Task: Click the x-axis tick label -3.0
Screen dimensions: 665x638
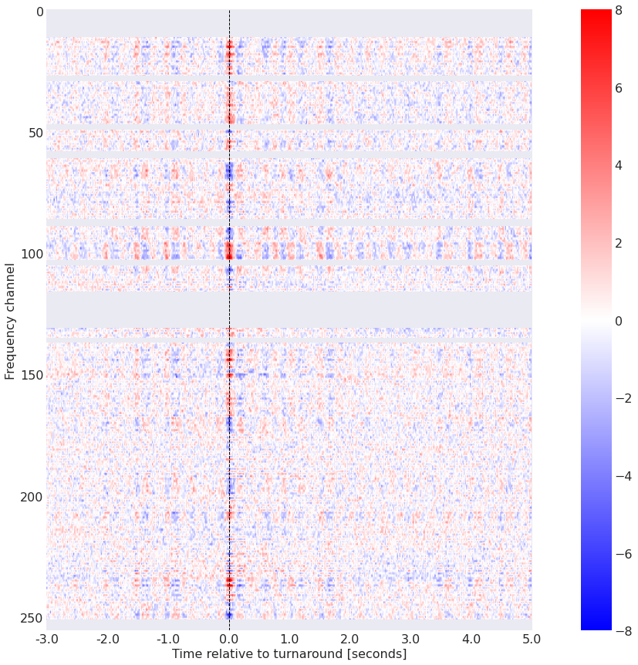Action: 46,639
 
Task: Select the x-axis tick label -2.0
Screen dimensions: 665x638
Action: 107,639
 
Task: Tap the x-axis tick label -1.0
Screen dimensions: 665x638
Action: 168,639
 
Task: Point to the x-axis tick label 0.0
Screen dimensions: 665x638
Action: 229,639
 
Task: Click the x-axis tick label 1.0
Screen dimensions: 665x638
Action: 289,639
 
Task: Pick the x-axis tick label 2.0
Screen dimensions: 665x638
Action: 350,639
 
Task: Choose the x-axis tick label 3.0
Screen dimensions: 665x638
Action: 411,639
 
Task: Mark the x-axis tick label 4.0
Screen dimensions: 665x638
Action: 471,639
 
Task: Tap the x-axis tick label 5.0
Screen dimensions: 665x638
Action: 532,639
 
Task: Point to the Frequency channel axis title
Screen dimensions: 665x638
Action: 10,320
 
